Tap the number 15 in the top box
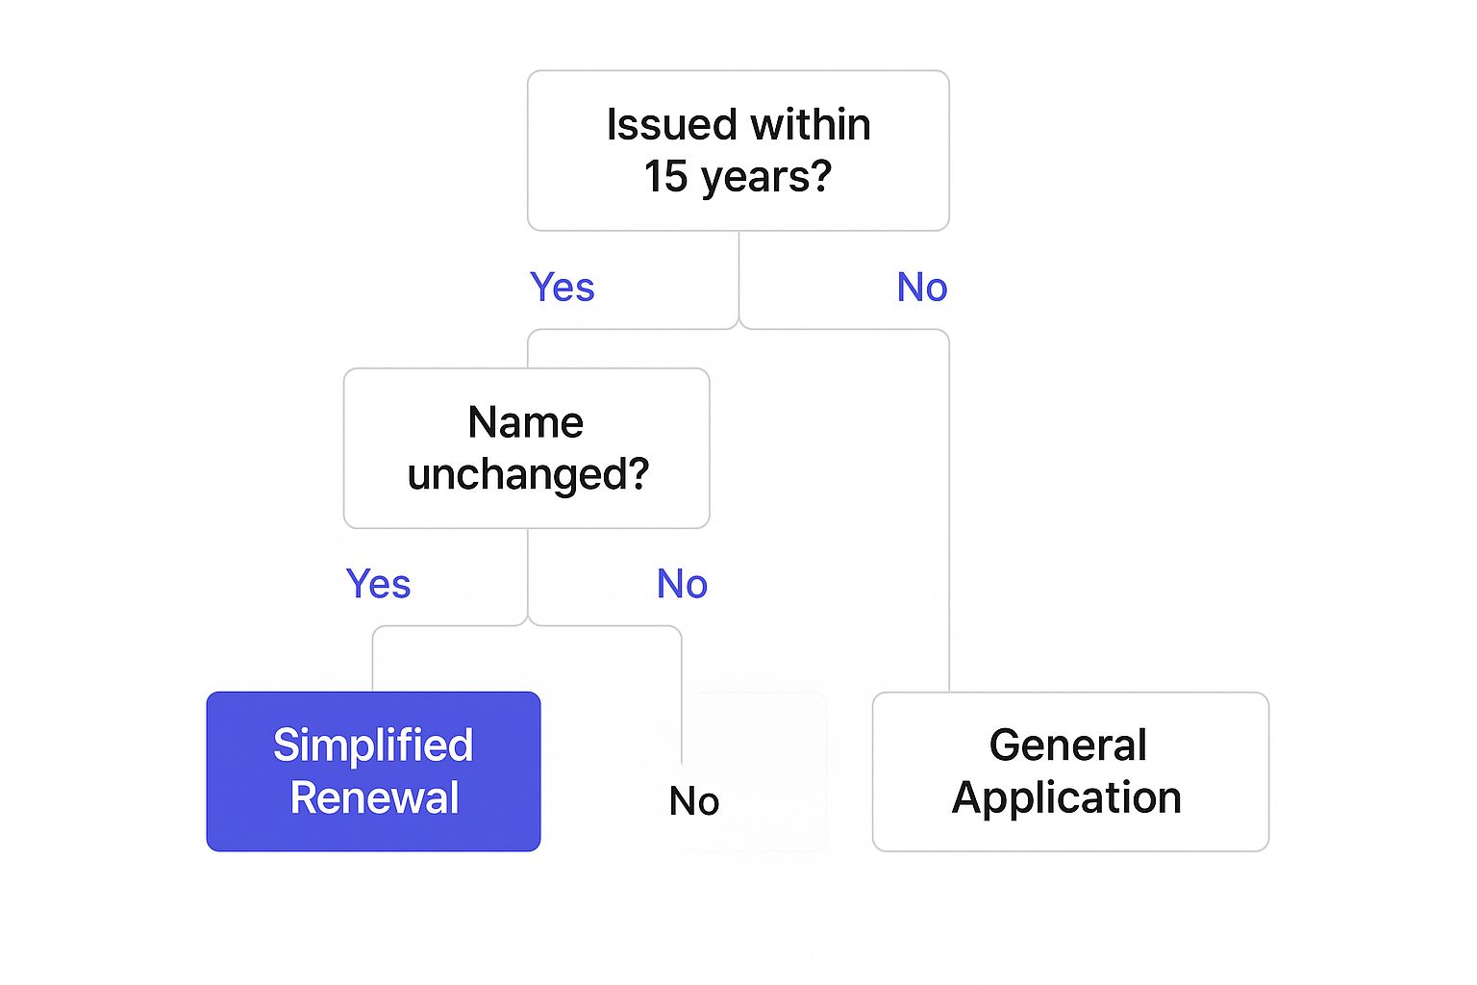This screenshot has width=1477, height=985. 665,177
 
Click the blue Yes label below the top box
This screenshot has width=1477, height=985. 563,288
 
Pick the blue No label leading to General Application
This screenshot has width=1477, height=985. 922,288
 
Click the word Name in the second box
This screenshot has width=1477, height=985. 526,422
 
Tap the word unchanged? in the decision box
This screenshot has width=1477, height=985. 528,475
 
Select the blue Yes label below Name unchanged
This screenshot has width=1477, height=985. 378,584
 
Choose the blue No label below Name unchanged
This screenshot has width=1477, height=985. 682,584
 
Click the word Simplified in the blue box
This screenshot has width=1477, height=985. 373,745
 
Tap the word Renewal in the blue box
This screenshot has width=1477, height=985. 374,798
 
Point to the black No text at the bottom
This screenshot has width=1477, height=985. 693,801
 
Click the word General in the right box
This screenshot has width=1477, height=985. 1068,745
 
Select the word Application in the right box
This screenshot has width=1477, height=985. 1066,798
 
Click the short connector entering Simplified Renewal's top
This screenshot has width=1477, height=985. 373,664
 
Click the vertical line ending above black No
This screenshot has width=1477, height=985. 682,702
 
